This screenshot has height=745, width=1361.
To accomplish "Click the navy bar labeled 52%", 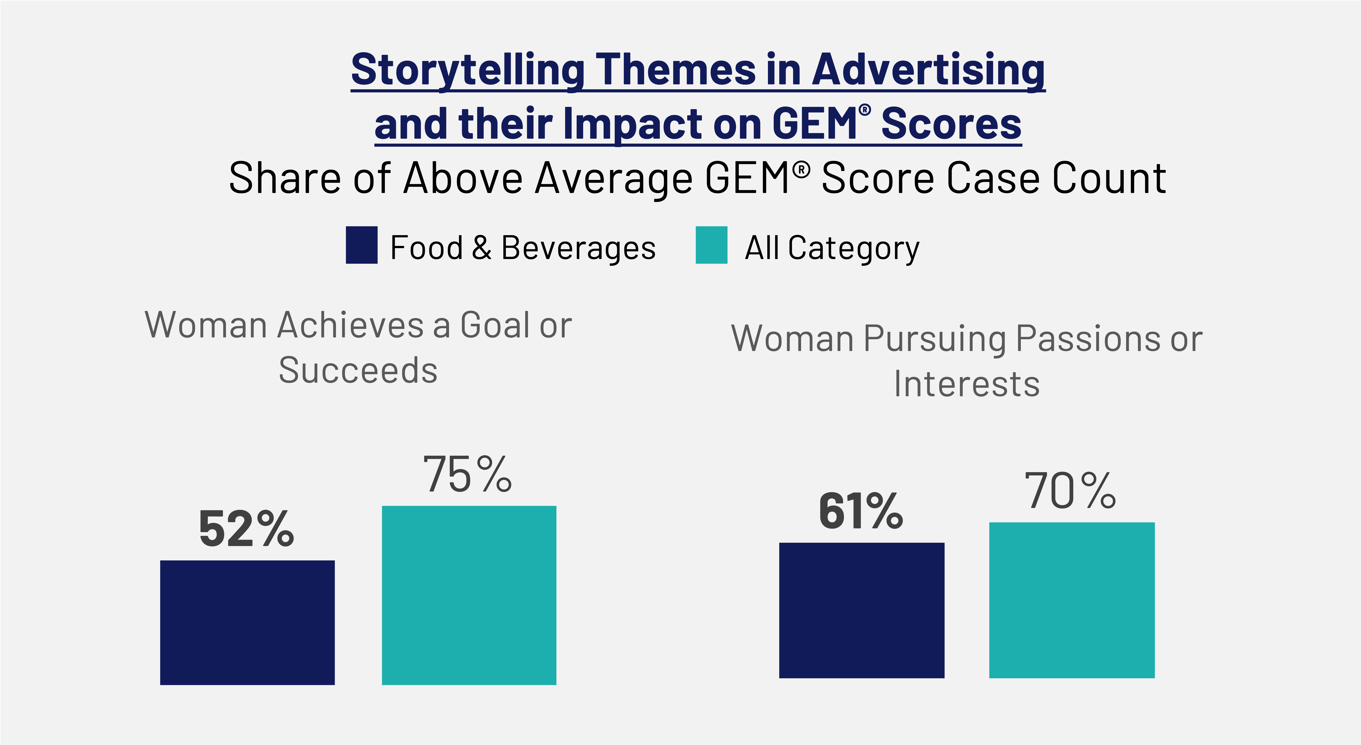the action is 247,623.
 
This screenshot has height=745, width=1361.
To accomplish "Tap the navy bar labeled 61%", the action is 862,610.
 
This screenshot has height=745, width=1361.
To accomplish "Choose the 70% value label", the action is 1070,491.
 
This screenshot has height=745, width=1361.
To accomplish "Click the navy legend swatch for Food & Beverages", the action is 362,245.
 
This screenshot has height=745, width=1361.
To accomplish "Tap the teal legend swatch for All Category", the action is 712,245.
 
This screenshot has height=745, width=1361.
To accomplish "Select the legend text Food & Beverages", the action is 523,248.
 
